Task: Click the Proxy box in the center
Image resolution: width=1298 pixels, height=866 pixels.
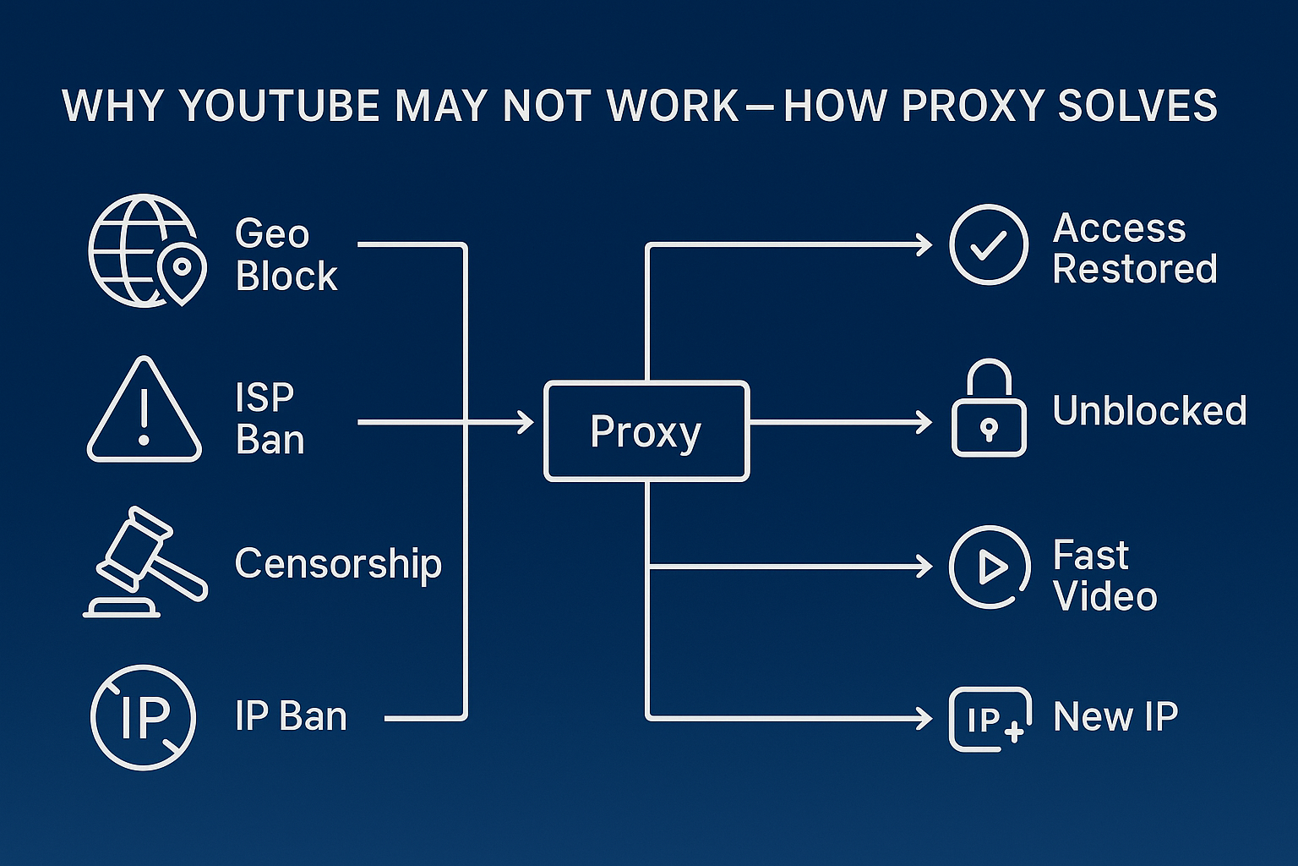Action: tap(646, 431)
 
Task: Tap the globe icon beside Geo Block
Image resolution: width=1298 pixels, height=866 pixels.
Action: tap(144, 250)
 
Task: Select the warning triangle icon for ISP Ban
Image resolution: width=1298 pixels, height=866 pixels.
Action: tap(145, 411)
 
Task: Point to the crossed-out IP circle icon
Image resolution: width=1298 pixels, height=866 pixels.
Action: tap(143, 717)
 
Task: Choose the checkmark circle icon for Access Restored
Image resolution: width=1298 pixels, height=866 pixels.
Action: tap(988, 244)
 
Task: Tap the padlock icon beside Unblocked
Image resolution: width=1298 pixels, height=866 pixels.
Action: tap(989, 409)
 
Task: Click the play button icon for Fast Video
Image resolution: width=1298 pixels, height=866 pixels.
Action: tap(990, 567)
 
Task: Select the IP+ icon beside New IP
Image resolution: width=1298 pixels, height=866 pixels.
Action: tap(990, 719)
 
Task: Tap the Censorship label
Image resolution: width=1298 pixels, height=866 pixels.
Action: tap(338, 563)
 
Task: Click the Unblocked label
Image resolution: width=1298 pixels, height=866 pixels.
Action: tap(1149, 411)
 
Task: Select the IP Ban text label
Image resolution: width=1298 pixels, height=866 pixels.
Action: tap(291, 717)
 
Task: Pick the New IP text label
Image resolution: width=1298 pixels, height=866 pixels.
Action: tap(1115, 717)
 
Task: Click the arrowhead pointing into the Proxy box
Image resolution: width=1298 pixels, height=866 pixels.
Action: tap(526, 421)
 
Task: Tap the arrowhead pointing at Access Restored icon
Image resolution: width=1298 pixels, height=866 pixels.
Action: tap(924, 245)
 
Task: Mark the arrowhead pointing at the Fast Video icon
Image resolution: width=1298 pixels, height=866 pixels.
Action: tap(924, 567)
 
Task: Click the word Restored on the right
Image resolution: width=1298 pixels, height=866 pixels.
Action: tap(1134, 270)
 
